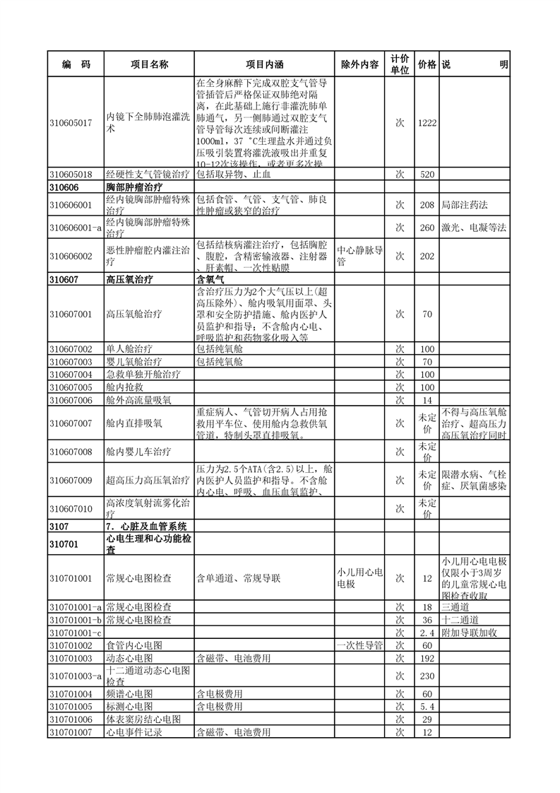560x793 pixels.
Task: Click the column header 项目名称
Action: click(149, 64)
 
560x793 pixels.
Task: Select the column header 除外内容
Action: click(359, 64)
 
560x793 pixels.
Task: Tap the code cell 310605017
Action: click(71, 122)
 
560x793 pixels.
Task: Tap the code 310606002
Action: click(71, 256)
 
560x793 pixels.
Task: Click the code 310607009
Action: click(71, 481)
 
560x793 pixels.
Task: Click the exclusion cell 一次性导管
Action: click(359, 645)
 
